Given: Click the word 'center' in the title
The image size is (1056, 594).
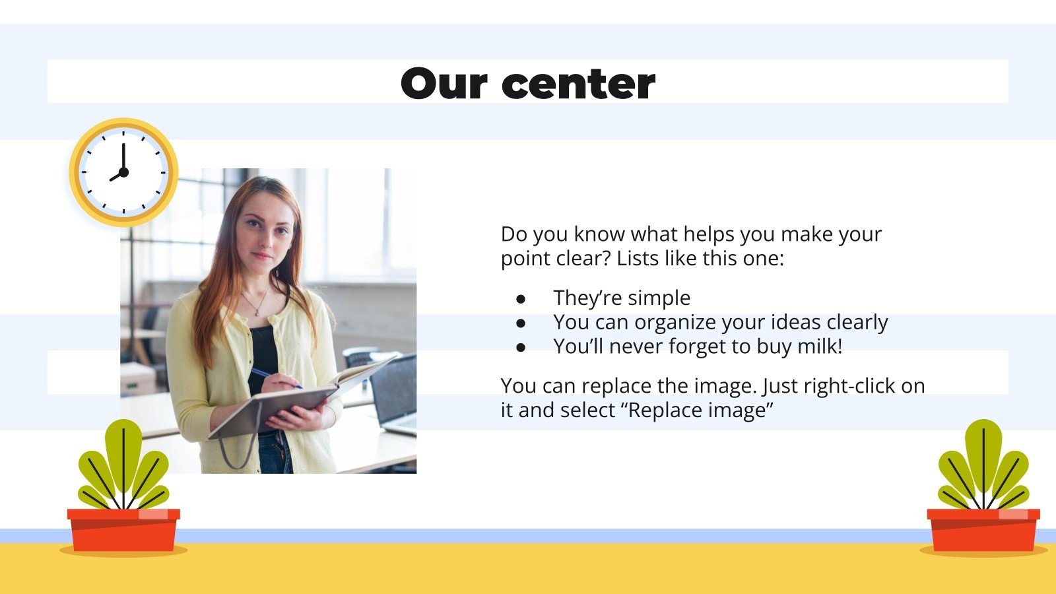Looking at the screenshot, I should click(x=578, y=84).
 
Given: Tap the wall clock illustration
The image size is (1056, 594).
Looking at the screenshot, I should click(x=123, y=173).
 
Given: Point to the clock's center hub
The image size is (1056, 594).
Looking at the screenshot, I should click(x=123, y=172).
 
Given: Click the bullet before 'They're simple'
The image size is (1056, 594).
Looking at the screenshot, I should click(x=521, y=299).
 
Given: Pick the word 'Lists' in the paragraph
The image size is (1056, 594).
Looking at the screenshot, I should click(x=638, y=258).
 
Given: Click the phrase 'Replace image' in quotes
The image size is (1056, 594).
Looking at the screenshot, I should click(x=700, y=411).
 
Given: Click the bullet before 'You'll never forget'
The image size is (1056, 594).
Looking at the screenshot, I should click(x=521, y=347).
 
